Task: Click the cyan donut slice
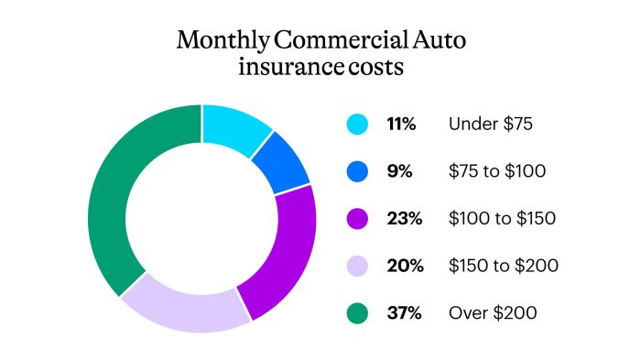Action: [233, 129]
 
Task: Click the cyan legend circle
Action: [358, 124]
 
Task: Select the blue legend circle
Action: [358, 171]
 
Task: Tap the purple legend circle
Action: [358, 219]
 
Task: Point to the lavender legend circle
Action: [358, 266]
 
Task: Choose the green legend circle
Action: [358, 313]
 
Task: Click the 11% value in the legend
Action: [402, 124]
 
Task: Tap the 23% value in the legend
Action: [403, 219]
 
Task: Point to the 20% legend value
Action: [404, 266]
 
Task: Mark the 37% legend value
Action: [403, 313]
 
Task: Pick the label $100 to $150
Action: [502, 219]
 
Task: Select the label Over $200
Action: [493, 313]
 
